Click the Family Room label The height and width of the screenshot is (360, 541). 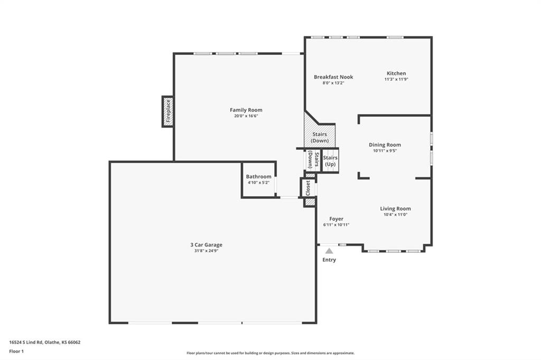[246, 110]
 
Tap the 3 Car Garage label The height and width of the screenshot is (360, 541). [207, 245]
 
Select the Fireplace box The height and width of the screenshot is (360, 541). [167, 111]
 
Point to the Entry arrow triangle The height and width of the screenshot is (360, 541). [329, 251]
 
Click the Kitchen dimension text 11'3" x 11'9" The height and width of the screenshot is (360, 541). [396, 79]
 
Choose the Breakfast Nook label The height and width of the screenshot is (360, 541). [333, 77]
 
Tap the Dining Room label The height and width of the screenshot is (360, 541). [385, 145]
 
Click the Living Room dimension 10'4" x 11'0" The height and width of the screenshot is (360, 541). [395, 214]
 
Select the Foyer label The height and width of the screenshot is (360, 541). [336, 219]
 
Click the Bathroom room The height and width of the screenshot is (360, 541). [259, 179]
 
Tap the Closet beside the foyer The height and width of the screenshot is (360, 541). [308, 188]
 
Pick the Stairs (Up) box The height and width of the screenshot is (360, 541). [330, 160]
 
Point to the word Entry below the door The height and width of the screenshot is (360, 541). [329, 260]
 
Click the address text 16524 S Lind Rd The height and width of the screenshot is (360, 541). [26, 343]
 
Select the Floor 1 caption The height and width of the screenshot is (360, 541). [16, 352]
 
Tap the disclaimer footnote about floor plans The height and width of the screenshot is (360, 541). [270, 353]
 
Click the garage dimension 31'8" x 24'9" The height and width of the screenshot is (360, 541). [207, 251]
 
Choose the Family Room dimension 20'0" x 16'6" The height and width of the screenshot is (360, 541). [246, 116]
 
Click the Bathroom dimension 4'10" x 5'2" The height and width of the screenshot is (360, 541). [258, 183]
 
